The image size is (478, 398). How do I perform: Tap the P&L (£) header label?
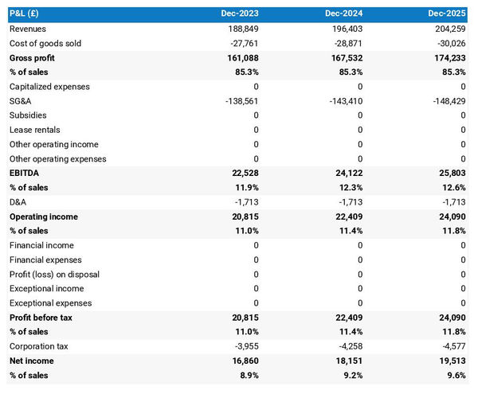pyautogui.click(x=28, y=14)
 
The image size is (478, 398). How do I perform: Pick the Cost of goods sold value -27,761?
pyautogui.click(x=241, y=43)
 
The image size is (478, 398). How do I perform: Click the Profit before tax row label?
pyautogui.click(x=41, y=318)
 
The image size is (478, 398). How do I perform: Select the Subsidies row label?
pyautogui.click(x=28, y=115)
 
